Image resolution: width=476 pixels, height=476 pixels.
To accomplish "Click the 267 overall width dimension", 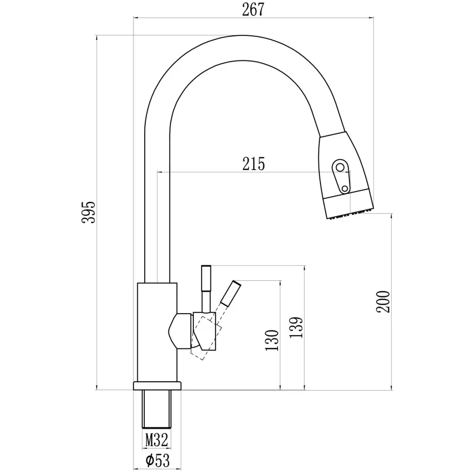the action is pos(253,9).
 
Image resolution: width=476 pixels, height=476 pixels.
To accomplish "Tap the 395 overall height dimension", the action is pos(89,212).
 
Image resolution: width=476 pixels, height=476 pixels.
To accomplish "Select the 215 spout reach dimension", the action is pos(254,164).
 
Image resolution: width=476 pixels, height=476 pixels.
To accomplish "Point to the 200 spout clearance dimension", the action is pos(383,301).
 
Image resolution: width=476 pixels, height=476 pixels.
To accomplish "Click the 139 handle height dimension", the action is pos(296,327).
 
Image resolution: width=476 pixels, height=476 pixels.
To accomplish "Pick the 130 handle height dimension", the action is pos(272,340).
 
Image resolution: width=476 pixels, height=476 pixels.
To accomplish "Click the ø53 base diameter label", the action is pos(158,461).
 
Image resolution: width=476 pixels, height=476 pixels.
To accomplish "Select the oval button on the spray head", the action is pos(342,176).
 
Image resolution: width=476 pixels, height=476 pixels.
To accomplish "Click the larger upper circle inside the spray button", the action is pos(340,167).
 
